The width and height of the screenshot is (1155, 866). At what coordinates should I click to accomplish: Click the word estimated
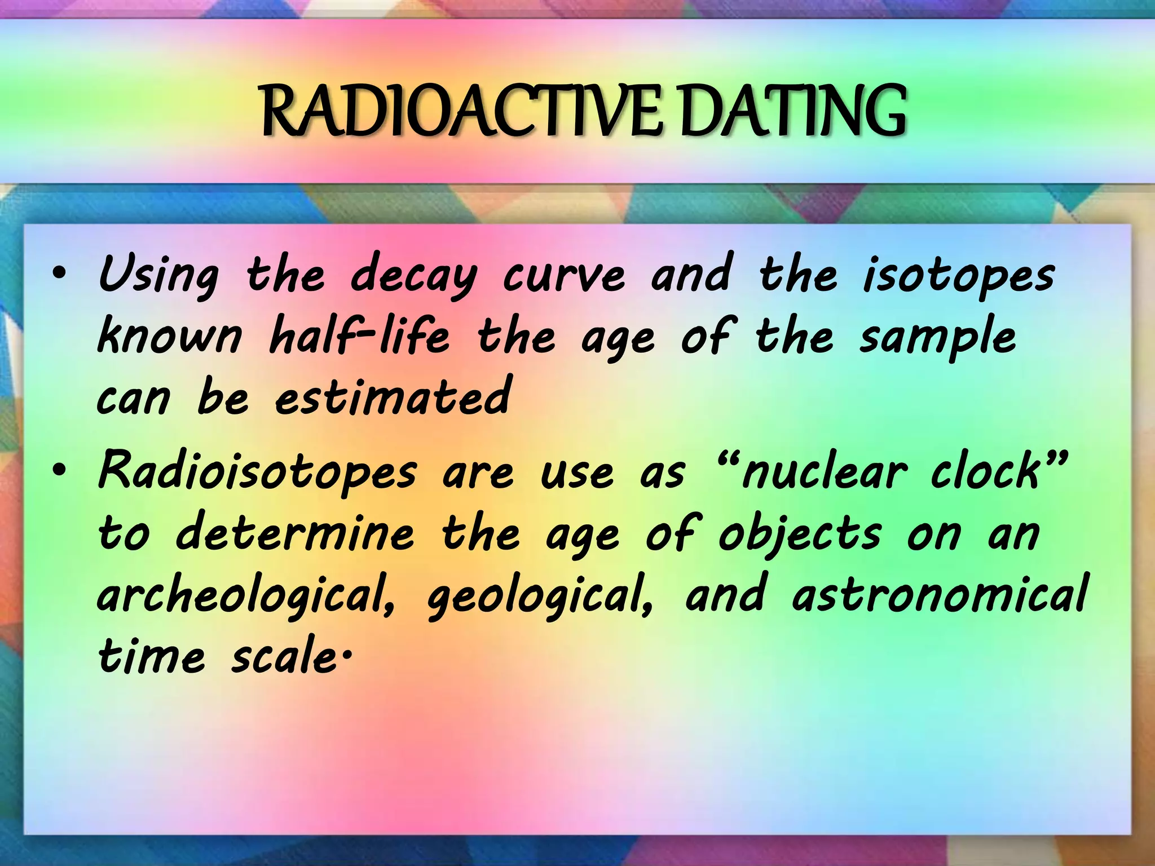[393, 396]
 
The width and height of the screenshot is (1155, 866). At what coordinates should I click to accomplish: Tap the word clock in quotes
[985, 472]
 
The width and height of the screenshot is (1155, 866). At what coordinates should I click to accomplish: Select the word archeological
[246, 597]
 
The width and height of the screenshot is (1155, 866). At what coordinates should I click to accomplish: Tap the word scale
[284, 657]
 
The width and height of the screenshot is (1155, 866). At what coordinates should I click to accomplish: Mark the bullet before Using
[59, 275]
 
